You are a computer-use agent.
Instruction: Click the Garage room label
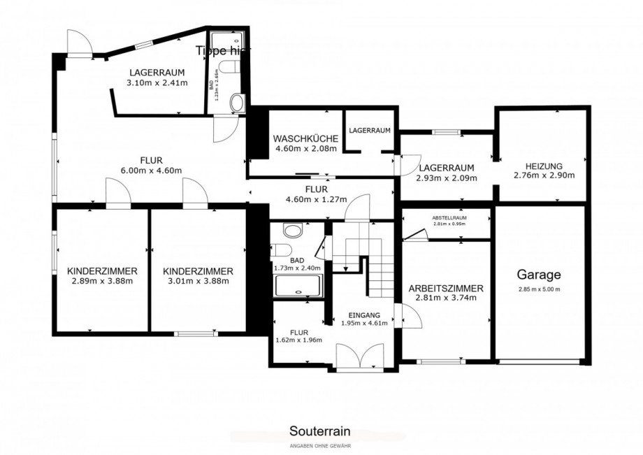coord(539,275)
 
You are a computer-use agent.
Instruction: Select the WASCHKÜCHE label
coord(306,138)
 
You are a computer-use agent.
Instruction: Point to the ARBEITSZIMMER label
coord(446,288)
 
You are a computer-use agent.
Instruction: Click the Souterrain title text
coord(320,432)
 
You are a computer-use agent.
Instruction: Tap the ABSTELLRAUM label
coord(449,217)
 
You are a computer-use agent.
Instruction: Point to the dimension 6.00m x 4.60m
coord(151,171)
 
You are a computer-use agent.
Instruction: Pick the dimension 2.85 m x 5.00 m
coord(539,289)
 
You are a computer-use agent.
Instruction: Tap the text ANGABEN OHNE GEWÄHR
coord(320,445)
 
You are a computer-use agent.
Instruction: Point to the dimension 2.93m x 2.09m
coord(446,178)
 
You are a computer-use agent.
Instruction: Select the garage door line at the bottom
coord(539,361)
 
